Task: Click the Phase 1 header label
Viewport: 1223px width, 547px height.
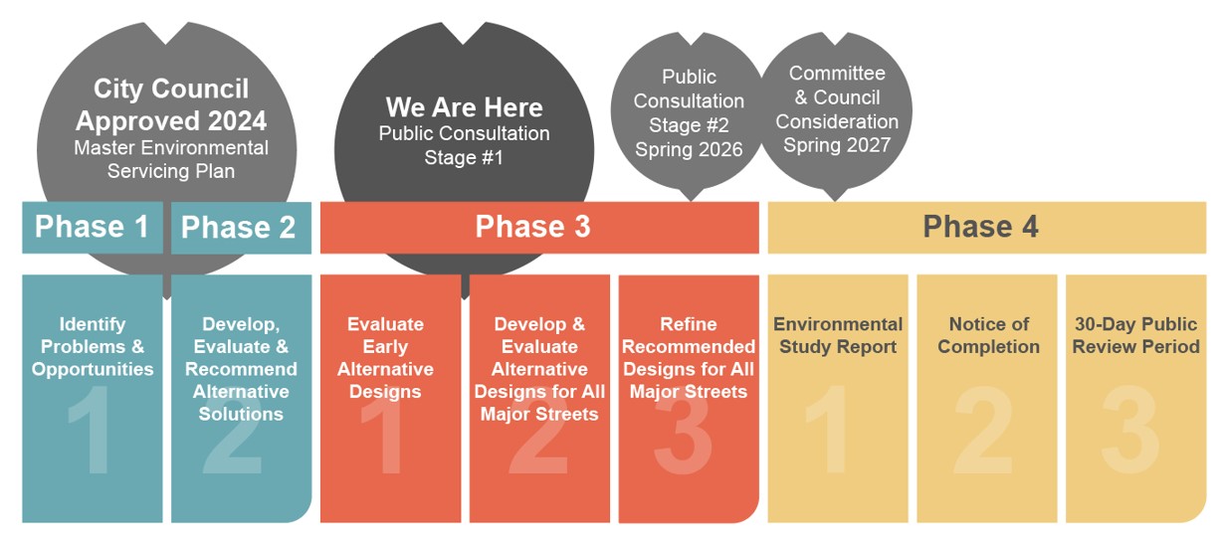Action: pyautogui.click(x=92, y=227)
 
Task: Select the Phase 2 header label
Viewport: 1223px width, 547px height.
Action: pyautogui.click(x=238, y=227)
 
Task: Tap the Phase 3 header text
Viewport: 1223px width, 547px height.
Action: pyautogui.click(x=532, y=227)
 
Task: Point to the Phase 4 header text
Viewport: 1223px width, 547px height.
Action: pyautogui.click(x=980, y=227)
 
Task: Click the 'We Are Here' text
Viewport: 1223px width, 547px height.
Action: pyautogui.click(x=464, y=107)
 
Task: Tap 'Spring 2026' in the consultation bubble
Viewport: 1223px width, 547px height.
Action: pyautogui.click(x=689, y=149)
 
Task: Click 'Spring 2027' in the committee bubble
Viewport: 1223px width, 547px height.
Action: pyautogui.click(x=837, y=145)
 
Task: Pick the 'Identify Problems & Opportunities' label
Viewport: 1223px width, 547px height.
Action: pyautogui.click(x=93, y=347)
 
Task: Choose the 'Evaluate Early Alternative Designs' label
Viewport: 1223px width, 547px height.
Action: pyautogui.click(x=385, y=358)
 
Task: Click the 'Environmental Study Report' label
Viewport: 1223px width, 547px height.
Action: pyautogui.click(x=838, y=335)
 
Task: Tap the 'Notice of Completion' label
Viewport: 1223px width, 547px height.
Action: pyautogui.click(x=989, y=335)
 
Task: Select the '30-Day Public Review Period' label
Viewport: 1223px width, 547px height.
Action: pyautogui.click(x=1136, y=335)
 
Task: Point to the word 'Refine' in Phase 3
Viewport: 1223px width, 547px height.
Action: pyautogui.click(x=689, y=324)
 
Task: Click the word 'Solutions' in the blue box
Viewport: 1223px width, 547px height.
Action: pyautogui.click(x=241, y=414)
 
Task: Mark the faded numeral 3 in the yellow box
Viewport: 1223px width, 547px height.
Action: pyautogui.click(x=1130, y=430)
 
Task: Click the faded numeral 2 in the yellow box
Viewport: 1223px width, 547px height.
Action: pyautogui.click(x=983, y=430)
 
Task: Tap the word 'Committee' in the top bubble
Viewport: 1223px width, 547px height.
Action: pyautogui.click(x=837, y=73)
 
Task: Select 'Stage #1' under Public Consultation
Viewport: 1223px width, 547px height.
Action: pyautogui.click(x=464, y=157)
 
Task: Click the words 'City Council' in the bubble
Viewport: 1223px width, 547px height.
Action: pyautogui.click(x=171, y=89)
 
